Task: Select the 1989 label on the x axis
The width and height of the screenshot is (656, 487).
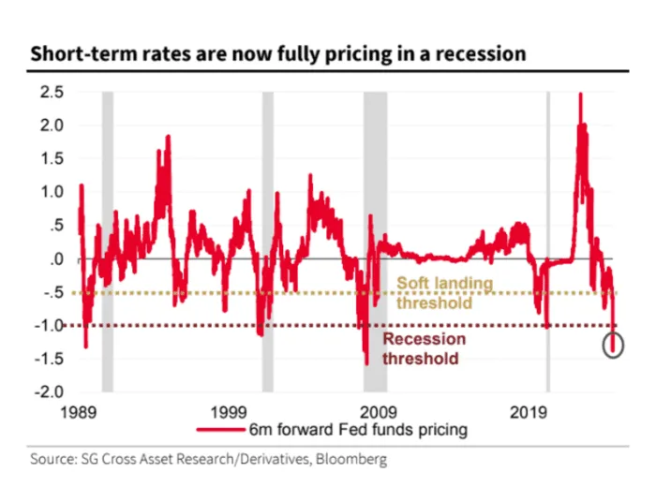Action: [x=78, y=411]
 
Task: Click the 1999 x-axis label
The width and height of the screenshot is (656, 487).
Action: [x=229, y=411]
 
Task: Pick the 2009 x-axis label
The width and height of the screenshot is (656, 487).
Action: [x=380, y=411]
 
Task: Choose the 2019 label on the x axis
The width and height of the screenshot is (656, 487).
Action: [x=529, y=411]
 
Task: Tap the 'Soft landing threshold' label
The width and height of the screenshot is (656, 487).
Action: [x=443, y=291]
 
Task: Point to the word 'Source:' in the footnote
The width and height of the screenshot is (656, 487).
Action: [x=52, y=460]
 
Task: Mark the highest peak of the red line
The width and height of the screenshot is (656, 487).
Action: [x=581, y=94]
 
